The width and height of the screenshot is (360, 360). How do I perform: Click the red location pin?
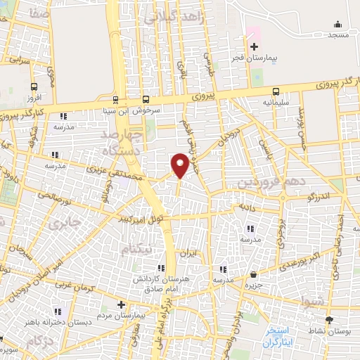180,165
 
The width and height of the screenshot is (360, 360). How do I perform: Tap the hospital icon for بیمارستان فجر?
255,46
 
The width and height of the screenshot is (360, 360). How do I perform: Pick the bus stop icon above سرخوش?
146,99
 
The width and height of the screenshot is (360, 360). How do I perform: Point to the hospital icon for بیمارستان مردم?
121,305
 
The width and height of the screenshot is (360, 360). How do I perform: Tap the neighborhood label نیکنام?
136,250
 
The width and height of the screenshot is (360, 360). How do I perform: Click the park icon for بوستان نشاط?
331,318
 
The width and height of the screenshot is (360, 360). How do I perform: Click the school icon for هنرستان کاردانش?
161,268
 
